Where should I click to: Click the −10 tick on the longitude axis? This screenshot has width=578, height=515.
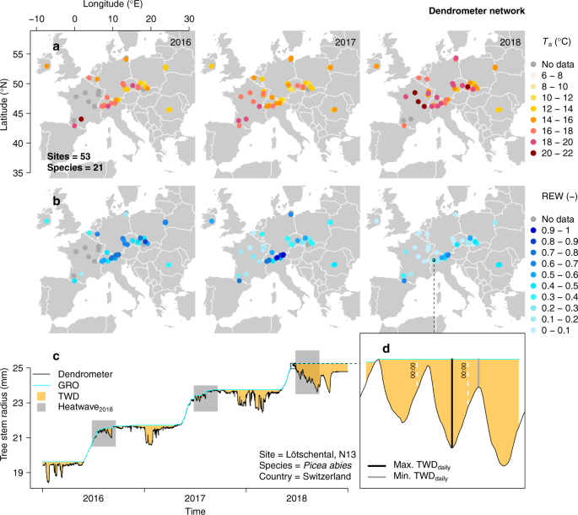click(37, 19)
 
